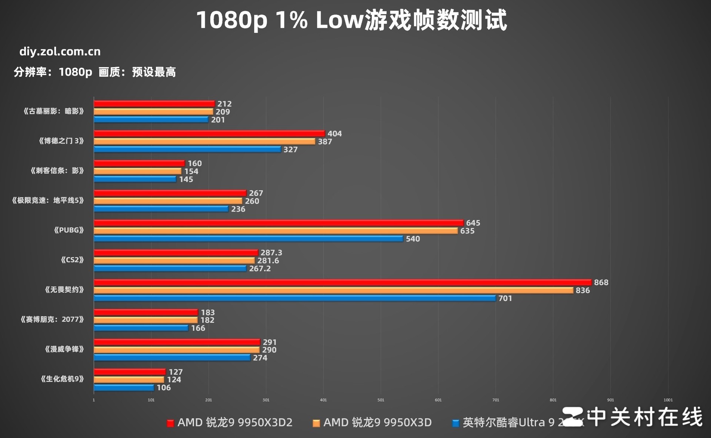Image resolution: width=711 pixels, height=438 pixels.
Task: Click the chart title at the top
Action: point(351,20)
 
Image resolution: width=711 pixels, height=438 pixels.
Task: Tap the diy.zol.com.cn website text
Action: point(60,52)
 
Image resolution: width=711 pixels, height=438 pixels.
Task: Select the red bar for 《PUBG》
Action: point(278,223)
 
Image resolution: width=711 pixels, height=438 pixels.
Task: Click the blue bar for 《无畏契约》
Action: point(294,298)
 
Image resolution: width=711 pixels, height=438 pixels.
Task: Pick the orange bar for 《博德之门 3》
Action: point(204,142)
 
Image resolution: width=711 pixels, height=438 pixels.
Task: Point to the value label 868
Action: point(601,282)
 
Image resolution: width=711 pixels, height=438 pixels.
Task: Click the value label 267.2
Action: point(260,269)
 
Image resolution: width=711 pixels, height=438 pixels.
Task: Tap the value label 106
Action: point(163,388)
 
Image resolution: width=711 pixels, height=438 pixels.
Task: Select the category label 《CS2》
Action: point(72,260)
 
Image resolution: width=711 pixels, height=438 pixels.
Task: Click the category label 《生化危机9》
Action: point(62,379)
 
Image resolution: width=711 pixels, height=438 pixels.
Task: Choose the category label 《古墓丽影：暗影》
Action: point(54,111)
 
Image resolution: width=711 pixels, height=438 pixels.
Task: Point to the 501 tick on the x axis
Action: point(381,400)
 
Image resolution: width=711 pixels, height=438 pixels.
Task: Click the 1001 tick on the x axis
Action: point(668,400)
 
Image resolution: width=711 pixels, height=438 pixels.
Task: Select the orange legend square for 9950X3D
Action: point(316,423)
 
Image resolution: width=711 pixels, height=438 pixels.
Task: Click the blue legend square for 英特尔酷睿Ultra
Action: point(456,423)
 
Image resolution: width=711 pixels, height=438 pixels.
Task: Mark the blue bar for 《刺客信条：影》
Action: point(135,179)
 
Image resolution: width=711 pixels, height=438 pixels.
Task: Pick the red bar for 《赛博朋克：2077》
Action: point(146,312)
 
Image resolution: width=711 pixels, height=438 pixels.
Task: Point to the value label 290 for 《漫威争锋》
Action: point(269,350)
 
